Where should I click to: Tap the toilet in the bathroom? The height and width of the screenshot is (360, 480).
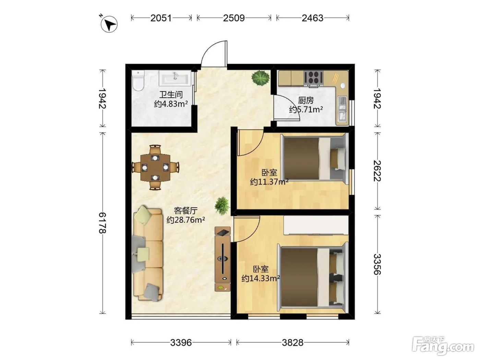[x=138, y=81]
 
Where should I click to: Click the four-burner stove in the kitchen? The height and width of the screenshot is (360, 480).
[x=313, y=79]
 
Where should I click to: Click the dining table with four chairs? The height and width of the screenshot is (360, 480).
[x=155, y=167]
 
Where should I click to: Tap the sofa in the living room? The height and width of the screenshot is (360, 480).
[x=148, y=254]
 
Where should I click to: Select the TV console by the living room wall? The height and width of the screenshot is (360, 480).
[x=223, y=259]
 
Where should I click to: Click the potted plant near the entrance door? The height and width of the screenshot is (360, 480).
[x=260, y=78]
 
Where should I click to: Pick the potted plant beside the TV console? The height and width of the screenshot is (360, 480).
[x=222, y=206]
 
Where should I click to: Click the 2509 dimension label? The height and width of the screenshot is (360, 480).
[x=234, y=18]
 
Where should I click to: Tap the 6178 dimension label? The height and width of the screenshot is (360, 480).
[x=102, y=223]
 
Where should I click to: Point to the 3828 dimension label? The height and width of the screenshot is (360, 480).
[x=292, y=343]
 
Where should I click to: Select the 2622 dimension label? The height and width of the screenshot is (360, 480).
[x=377, y=171]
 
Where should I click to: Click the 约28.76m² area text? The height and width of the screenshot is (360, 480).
[x=186, y=220]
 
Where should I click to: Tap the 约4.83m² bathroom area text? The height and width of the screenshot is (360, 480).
[x=171, y=104]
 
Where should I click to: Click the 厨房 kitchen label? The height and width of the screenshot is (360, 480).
[x=306, y=100]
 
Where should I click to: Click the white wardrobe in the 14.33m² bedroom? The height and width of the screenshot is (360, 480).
[x=316, y=225]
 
